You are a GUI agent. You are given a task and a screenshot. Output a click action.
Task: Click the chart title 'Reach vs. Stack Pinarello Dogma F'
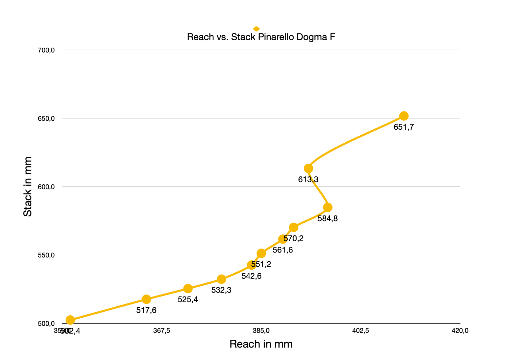point(261,37)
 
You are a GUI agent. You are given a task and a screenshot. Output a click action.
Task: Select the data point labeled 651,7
point(404,116)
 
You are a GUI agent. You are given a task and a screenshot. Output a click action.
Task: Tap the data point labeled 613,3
point(308,168)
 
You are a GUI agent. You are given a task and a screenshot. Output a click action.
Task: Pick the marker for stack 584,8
point(328,207)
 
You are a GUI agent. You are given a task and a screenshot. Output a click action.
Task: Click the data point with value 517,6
point(146,299)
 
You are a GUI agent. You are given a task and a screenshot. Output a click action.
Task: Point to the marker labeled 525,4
point(188,289)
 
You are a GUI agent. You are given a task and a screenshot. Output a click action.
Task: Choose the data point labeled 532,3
point(222,279)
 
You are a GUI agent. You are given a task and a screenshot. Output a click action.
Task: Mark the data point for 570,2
point(294,227)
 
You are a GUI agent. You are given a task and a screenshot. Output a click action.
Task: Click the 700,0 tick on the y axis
point(46,50)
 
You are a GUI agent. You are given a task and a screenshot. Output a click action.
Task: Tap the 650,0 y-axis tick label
point(46,118)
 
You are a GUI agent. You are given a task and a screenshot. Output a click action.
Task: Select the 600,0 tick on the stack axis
point(46,187)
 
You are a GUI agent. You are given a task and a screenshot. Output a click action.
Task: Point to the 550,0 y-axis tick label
point(46,255)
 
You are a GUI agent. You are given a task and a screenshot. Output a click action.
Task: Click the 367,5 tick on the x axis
point(162,331)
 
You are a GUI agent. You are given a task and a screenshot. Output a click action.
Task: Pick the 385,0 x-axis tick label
point(261,331)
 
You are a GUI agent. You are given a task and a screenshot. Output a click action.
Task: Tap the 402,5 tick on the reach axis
point(361,331)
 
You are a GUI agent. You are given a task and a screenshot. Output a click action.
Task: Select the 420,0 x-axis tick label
point(460,331)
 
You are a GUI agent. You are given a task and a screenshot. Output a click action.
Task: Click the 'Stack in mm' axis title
point(27,187)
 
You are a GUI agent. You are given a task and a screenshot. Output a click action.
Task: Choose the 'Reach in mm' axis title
point(261,344)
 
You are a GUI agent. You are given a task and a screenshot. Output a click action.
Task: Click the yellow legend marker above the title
point(256,29)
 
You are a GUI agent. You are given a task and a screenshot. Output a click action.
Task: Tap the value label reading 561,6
point(283,250)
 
